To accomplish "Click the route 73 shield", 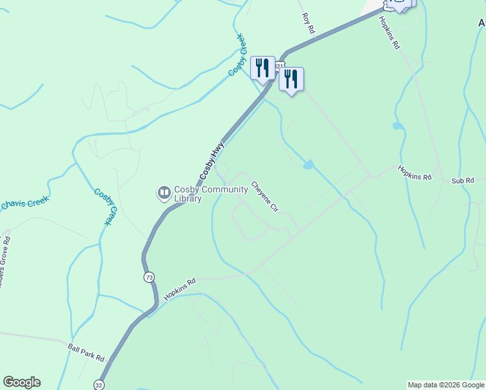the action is [x=149, y=278].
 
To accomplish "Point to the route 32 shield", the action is [x=99, y=384].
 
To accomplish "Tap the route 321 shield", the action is [x=279, y=66].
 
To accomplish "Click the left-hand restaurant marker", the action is [x=262, y=68].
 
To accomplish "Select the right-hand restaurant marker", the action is [x=291, y=80].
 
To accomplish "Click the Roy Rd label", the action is [x=308, y=23].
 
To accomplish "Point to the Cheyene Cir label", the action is [x=265, y=196].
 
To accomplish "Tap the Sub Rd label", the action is [x=463, y=180].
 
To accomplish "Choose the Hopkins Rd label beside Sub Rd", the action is [x=415, y=173].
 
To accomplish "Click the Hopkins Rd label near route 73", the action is [x=180, y=290].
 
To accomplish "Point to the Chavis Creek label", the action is [x=24, y=203].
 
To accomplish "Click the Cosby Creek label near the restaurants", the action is [x=238, y=55].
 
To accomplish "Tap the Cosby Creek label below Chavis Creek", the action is [x=104, y=207].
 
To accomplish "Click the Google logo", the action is [x=21, y=382].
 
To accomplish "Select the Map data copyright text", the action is [x=446, y=385].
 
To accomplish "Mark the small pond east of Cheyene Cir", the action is [x=308, y=165].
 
